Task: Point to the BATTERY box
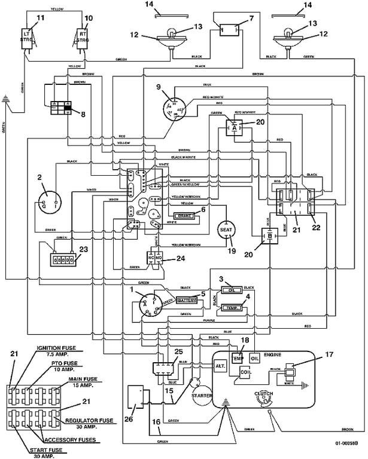pyautogui.click(x=191, y=300)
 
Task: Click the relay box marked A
pyautogui.click(x=234, y=126)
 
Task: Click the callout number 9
pyautogui.click(x=159, y=87)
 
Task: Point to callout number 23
pyautogui.click(x=83, y=250)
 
